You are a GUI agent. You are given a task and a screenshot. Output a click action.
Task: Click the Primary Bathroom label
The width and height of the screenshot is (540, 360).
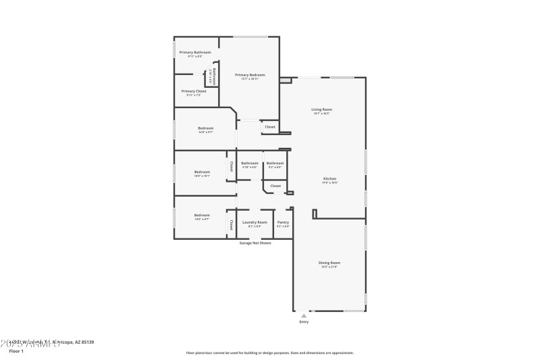[194, 52]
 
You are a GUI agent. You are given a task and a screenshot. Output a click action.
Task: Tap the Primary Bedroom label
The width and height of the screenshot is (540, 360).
[250, 74]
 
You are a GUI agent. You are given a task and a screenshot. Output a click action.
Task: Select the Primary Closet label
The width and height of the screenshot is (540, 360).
[194, 91]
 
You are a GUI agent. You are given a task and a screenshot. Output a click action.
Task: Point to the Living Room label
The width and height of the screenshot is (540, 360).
[321, 109]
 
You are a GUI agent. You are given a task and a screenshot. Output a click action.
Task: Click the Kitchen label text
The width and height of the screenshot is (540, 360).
[329, 178]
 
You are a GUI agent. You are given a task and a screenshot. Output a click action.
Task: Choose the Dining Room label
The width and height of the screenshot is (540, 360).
[329, 262]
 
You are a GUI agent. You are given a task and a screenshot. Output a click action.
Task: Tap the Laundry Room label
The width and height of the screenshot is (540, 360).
[254, 222]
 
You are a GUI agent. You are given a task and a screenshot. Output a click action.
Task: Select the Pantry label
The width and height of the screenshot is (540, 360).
[283, 222]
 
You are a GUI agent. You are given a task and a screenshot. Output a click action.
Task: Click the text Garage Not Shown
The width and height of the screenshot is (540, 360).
[255, 242]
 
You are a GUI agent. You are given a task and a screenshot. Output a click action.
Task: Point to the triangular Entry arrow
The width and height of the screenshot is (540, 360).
[304, 315]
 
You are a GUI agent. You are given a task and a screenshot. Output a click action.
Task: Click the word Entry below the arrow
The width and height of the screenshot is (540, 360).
[304, 322]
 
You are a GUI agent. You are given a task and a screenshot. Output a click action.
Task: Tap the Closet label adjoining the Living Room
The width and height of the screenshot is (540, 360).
[270, 127]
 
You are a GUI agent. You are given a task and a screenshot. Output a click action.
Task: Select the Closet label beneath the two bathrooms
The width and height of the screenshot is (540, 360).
[275, 185]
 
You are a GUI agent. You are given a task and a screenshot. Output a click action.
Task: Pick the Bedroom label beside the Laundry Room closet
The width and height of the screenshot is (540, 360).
[202, 215]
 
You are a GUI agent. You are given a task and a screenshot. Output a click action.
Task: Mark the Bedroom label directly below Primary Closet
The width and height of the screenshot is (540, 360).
[205, 128]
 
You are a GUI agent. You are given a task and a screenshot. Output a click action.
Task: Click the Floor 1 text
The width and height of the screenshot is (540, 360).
[16, 351]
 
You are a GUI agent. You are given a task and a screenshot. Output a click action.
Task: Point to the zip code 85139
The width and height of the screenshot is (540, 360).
[86, 342]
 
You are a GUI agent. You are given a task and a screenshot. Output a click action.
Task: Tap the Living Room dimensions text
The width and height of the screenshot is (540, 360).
[321, 113]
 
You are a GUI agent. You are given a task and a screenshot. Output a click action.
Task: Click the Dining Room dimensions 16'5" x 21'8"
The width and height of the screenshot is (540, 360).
[329, 267]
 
